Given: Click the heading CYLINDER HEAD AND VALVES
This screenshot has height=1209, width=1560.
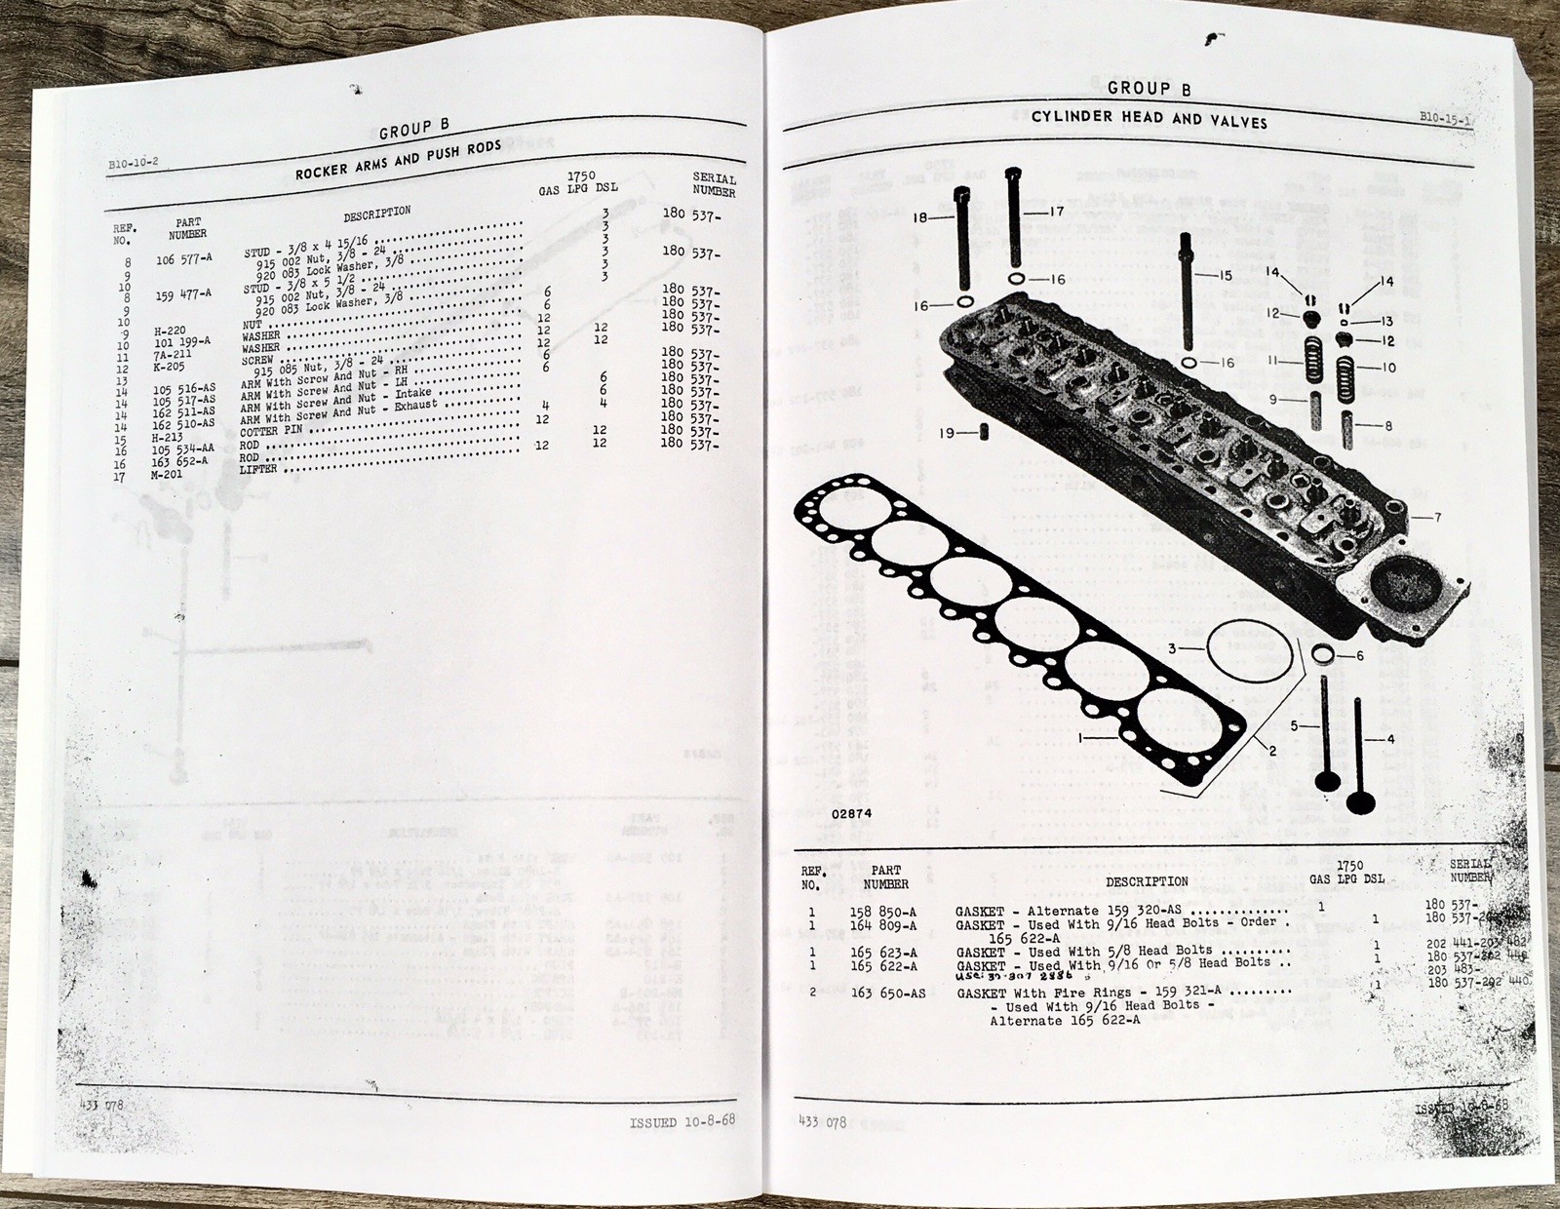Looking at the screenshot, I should click(1150, 119).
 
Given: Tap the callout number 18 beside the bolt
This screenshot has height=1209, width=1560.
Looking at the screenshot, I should click(919, 218).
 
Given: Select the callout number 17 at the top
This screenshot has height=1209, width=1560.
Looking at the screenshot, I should click(1056, 212).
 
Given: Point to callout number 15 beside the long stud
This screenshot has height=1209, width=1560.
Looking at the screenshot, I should click(1225, 275).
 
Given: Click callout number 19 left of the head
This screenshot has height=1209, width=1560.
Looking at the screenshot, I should click(947, 432).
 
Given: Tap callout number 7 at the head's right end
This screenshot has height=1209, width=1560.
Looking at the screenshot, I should click(1437, 518).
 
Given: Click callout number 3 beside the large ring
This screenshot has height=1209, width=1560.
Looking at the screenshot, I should click(1174, 648).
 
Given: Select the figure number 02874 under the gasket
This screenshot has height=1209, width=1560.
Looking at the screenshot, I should click(851, 812).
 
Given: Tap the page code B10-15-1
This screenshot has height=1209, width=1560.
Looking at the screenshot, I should click(1445, 118).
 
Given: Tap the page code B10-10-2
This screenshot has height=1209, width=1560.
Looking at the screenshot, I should click(133, 163).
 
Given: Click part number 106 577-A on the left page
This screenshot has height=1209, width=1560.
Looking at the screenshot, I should click(183, 259).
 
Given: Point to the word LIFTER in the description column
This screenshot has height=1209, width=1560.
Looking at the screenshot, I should click(258, 469).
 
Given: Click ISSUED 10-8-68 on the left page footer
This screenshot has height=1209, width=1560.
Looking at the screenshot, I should click(682, 1121).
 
